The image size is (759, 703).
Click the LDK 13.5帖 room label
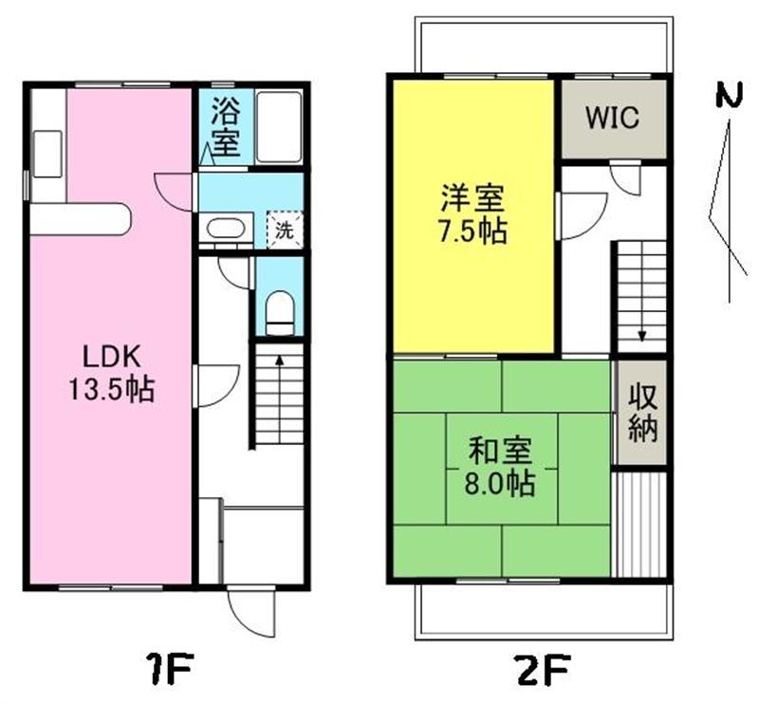[112, 373]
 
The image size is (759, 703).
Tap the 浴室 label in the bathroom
[226, 127]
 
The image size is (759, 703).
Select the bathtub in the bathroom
[279, 127]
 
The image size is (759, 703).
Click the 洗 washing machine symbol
[285, 231]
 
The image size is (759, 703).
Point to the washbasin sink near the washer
[225, 229]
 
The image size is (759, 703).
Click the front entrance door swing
[251, 612]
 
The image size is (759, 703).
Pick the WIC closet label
[613, 118]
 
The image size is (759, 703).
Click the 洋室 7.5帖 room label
[472, 214]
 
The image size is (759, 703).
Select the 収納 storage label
[643, 413]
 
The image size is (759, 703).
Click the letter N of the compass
[729, 95]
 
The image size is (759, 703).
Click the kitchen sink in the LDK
[47, 154]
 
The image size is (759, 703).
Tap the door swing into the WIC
[625, 179]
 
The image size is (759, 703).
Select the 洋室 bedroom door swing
[583, 216]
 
